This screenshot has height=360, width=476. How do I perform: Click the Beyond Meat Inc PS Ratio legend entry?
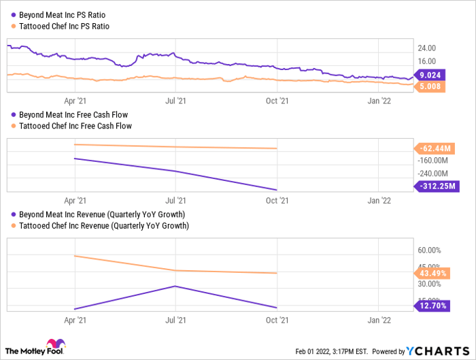tap(61, 14)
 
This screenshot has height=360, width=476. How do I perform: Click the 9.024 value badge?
tap(429, 75)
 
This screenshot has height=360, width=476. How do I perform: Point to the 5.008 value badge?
tap(429, 86)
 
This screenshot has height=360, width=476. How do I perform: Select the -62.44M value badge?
tap(435, 148)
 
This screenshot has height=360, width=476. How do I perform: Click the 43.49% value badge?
tap(432, 273)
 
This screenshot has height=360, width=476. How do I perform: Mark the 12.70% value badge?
tap(432, 306)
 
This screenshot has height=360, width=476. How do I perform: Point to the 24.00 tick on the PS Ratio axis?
tap(426, 48)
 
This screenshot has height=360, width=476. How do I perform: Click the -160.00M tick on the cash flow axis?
tap(432, 161)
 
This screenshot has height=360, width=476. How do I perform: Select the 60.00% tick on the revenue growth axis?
tap(430, 250)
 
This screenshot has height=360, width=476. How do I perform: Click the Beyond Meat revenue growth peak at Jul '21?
tap(176, 286)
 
